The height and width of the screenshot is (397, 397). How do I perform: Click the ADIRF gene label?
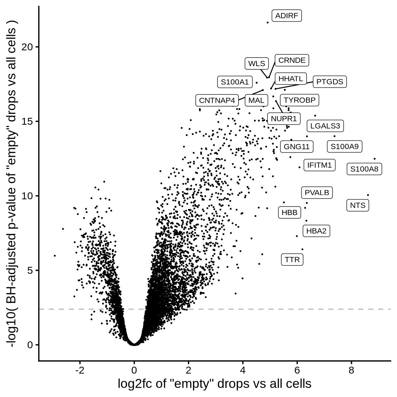tap(287, 16)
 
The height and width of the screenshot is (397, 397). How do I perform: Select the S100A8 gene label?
tap(364, 169)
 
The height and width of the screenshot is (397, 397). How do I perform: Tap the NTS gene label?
tap(358, 205)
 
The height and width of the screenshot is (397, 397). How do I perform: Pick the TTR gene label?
tap(292, 259)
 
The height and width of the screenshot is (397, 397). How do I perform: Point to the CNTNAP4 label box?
tap(217, 101)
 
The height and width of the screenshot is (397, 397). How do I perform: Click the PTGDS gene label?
tap(330, 82)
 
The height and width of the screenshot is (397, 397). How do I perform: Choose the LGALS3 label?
tap(325, 126)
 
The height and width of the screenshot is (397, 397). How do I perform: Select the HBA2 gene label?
tap(316, 231)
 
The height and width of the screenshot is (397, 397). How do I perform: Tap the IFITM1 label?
tap(319, 165)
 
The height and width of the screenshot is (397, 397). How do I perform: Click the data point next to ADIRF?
tap(267, 22)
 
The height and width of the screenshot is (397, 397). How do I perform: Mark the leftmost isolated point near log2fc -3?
tap(55, 255)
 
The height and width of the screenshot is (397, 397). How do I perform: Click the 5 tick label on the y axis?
tap(30, 270)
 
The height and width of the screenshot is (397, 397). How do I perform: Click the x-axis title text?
tap(214, 384)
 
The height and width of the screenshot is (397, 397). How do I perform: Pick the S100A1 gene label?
tap(235, 82)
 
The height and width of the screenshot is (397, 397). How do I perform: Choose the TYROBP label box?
tap(299, 100)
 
